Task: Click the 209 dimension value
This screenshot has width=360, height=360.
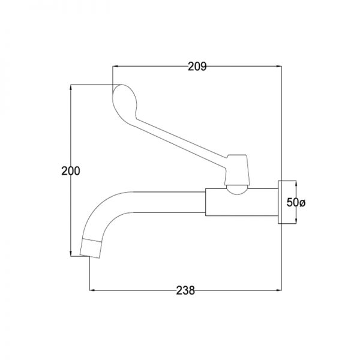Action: click(197, 67)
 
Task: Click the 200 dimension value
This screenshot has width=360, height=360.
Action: click(71, 171)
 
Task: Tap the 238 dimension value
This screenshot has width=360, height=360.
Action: click(185, 290)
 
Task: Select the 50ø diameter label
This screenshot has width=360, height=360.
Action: click(296, 203)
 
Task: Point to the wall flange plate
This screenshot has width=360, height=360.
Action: click(280, 202)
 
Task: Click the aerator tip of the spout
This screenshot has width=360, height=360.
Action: click(91, 248)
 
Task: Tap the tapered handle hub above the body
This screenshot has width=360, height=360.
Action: click(237, 170)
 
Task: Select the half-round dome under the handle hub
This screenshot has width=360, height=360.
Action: click(237, 190)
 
